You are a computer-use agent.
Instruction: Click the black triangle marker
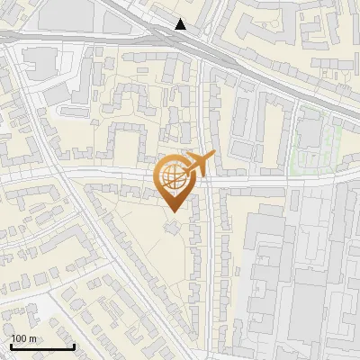click(182, 24)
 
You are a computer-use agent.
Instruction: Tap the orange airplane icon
click(200, 162)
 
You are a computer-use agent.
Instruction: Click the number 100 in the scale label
click(20, 338)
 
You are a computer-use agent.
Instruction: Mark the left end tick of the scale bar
click(12, 346)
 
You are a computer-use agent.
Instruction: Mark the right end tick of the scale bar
click(74, 346)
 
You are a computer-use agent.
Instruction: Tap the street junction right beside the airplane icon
click(205, 176)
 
